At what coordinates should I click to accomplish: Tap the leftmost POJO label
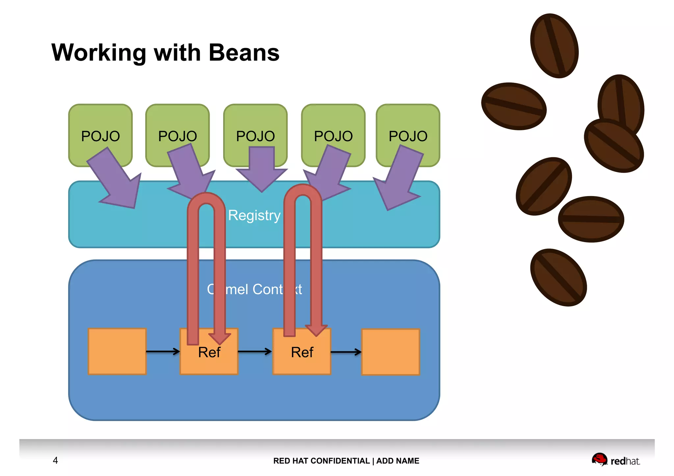point(100,136)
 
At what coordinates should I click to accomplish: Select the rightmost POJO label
point(408,136)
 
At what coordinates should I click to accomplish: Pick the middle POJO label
point(255,136)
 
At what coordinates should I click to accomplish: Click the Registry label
point(254,215)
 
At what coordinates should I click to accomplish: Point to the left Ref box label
point(209,353)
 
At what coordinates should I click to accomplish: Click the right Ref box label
point(302,353)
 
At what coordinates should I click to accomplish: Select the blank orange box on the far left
point(117,351)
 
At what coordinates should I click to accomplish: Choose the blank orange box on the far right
point(390,352)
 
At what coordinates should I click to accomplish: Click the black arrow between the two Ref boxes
point(255,352)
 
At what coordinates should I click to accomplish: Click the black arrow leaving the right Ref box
point(346,352)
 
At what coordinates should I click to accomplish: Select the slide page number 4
point(55,460)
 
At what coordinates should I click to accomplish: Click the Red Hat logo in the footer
point(615,460)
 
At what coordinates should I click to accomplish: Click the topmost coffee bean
point(554,46)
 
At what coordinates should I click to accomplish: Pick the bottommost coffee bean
point(558,277)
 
